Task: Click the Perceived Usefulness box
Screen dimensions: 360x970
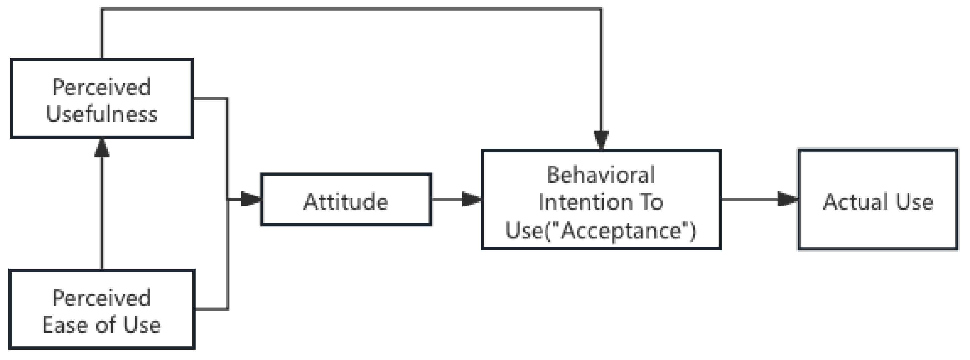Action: click(102, 99)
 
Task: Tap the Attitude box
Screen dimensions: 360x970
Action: click(346, 200)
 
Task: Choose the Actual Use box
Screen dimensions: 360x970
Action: click(877, 200)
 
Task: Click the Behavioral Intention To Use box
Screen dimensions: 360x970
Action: click(601, 200)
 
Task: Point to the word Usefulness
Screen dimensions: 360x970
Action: click(102, 114)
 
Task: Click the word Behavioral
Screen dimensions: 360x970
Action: click(601, 175)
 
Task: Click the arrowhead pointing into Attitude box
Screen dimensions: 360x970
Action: click(251, 199)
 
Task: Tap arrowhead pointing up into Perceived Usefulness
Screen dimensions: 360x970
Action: click(102, 148)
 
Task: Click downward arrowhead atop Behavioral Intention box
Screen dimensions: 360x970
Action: click(601, 140)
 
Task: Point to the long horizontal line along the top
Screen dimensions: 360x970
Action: click(350, 9)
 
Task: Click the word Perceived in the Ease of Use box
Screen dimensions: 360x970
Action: click(102, 298)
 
